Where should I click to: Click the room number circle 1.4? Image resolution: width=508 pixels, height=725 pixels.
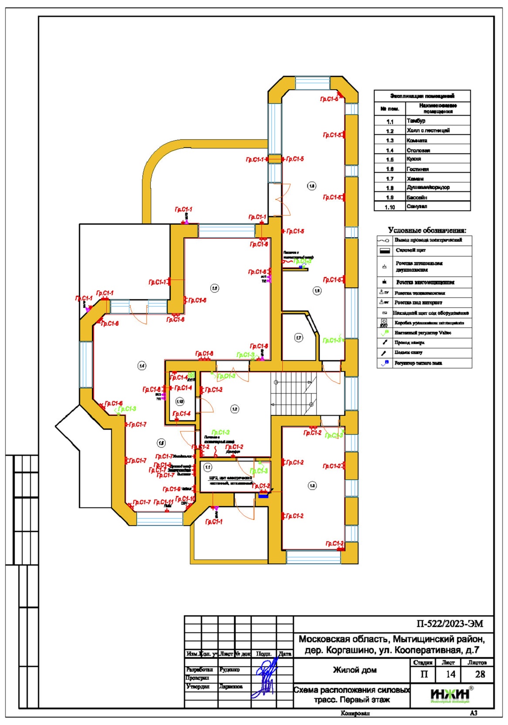[x=142, y=366]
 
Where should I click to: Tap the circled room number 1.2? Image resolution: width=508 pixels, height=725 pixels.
[x=234, y=409]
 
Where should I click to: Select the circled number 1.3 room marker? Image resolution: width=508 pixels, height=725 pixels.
[x=312, y=485]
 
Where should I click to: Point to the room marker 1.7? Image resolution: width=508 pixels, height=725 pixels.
[x=298, y=337]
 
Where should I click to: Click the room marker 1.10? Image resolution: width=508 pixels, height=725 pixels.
[x=179, y=401]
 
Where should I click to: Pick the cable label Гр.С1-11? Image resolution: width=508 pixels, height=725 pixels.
[x=163, y=502]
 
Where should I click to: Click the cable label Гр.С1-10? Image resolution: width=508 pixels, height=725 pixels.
[x=185, y=499]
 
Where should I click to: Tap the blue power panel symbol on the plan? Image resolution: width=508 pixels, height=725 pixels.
[x=263, y=495]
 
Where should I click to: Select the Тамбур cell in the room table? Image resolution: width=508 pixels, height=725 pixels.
[x=437, y=121]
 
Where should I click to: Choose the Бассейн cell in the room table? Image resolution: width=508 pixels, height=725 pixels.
[x=437, y=197]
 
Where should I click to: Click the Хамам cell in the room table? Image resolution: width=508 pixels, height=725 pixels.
[x=437, y=179]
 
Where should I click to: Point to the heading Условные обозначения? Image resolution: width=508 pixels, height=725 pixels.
[x=427, y=230]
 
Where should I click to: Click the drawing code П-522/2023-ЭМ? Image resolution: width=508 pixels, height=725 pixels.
[x=450, y=624]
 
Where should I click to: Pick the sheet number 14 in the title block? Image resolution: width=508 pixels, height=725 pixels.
[x=450, y=674]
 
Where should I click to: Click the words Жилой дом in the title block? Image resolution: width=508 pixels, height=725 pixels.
[x=355, y=670]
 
